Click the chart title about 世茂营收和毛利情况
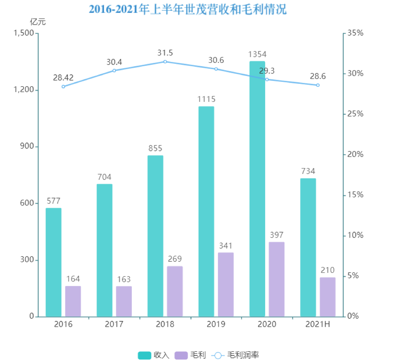(x=188, y=9)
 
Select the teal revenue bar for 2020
(x=257, y=189)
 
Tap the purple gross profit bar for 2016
(x=73, y=301)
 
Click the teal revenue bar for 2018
(x=155, y=236)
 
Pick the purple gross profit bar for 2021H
(x=328, y=297)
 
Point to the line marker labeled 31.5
(x=165, y=62)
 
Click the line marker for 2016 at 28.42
(x=63, y=86)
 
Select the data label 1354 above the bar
(x=257, y=54)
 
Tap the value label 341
(x=225, y=246)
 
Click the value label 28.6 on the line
(x=318, y=76)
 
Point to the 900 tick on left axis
(x=27, y=147)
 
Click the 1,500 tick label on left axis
(x=23, y=33)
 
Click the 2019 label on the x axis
(x=216, y=324)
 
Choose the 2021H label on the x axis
(x=318, y=324)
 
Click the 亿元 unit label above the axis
(x=38, y=22)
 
